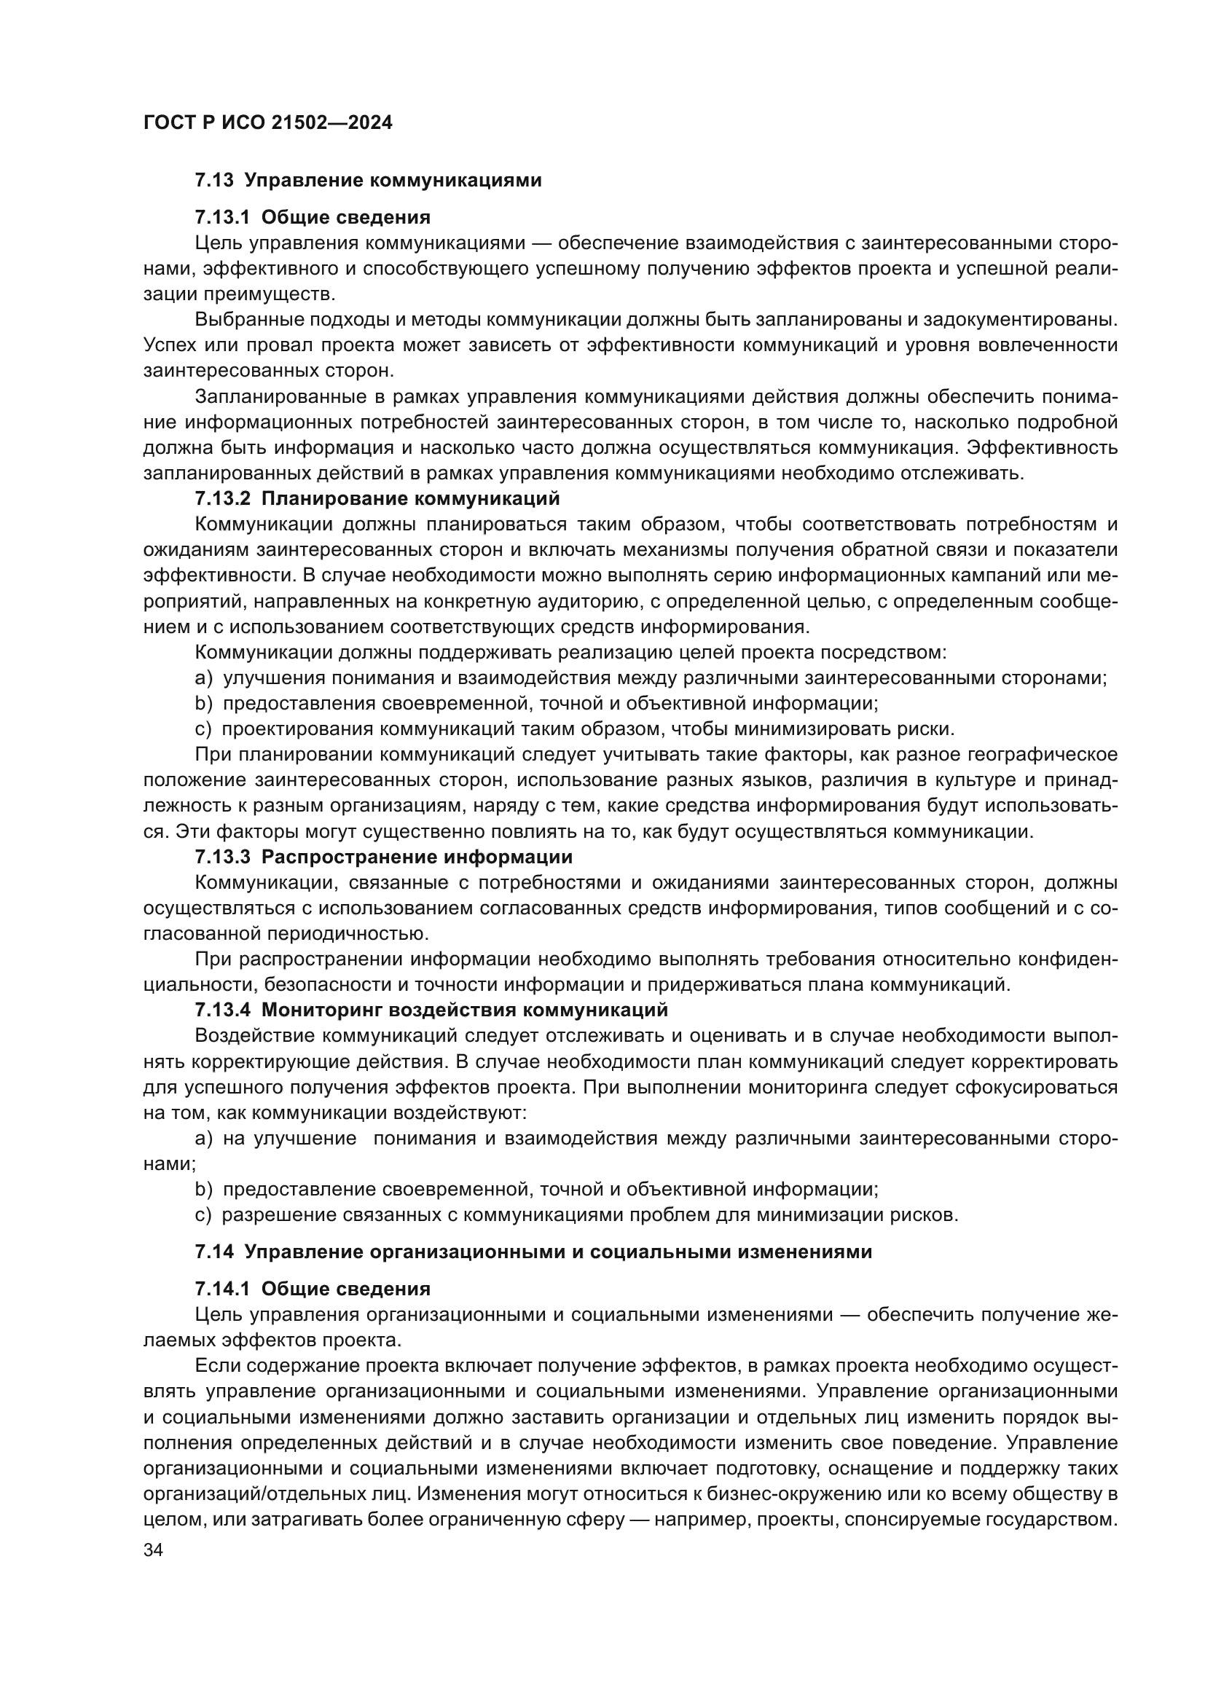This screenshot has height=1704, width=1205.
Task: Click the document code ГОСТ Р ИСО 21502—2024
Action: click(268, 123)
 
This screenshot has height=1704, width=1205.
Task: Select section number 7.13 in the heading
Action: click(214, 181)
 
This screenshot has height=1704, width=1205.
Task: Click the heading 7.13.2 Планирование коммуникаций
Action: click(377, 498)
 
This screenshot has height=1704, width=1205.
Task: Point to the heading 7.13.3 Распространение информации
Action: click(384, 857)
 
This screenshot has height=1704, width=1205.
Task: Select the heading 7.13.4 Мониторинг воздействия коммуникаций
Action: click(431, 1010)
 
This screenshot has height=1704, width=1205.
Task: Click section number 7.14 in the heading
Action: click(214, 1252)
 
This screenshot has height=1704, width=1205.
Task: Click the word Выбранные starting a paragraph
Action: click(249, 320)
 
